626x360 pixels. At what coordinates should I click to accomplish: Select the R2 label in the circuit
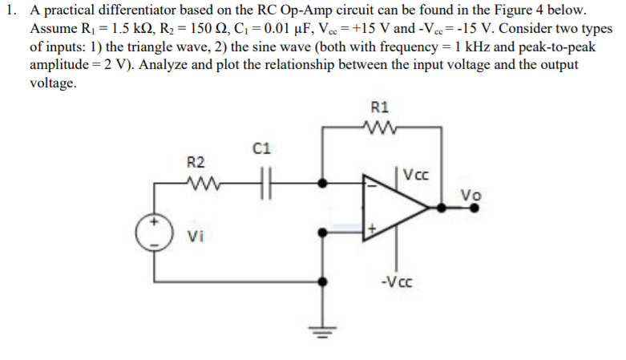[x=197, y=163]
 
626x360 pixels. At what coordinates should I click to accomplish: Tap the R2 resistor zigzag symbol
[x=198, y=183]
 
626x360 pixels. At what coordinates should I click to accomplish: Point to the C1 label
[x=261, y=148]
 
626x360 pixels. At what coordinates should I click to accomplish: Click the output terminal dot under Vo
[x=475, y=207]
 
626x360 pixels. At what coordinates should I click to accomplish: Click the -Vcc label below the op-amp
[x=398, y=281]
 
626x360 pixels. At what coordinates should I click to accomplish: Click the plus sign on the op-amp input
[x=370, y=230]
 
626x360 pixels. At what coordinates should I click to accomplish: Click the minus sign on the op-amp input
[x=370, y=184]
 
